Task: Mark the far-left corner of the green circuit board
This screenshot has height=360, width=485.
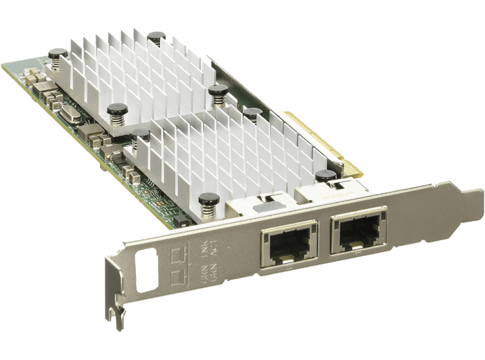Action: (x=3, y=66)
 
